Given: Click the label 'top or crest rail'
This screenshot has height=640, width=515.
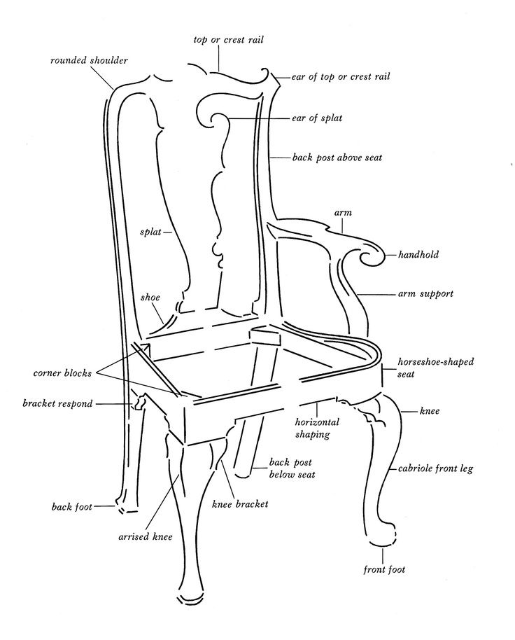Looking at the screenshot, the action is [x=228, y=40].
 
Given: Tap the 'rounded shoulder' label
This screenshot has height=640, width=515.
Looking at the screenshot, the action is [x=89, y=61].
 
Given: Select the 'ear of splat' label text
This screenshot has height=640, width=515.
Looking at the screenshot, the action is [x=317, y=118].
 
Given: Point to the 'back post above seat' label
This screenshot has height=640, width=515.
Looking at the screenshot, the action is [x=337, y=158].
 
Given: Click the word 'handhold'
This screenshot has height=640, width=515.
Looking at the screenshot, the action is [x=418, y=255].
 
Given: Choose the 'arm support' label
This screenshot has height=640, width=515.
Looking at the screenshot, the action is [x=425, y=294].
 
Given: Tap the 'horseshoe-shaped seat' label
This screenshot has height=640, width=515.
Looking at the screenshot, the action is [x=436, y=368].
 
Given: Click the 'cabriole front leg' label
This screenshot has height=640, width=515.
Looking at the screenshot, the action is [x=435, y=468].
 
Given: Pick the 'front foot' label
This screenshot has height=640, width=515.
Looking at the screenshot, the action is [x=384, y=569].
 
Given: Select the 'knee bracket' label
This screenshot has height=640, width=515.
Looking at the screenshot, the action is [x=240, y=504].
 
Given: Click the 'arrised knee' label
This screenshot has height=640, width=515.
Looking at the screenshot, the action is [x=145, y=537].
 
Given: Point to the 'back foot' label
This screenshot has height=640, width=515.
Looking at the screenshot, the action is [x=72, y=507].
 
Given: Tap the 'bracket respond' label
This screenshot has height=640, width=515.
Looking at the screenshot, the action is [x=57, y=404].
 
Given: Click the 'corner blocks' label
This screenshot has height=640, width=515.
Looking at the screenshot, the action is [x=62, y=373].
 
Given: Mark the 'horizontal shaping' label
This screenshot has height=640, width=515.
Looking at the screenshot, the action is [x=317, y=428].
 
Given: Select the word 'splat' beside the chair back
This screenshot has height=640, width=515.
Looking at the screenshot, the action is [x=150, y=232].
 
